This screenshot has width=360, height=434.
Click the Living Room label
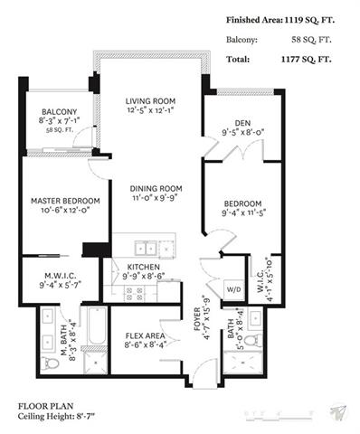tap(150, 101)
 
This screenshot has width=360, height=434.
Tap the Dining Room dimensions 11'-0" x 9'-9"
tap(154, 198)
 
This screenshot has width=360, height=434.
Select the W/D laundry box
tap(233, 290)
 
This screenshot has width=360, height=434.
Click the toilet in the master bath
tap(49, 363)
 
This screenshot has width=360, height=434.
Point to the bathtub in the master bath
tap(97, 326)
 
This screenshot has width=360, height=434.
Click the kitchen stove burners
tap(134, 294)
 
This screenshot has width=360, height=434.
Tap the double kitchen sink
tap(146, 249)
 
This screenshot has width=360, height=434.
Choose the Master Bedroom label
tap(65, 201)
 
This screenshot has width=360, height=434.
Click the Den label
tap(242, 123)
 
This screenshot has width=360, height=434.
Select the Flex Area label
tap(145, 335)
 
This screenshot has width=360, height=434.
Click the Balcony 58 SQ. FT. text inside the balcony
tap(60, 130)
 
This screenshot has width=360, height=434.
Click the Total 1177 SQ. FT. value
tap(307, 59)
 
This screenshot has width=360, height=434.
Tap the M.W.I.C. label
tap(61, 276)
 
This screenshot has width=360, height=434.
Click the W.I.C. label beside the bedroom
tap(261, 281)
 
